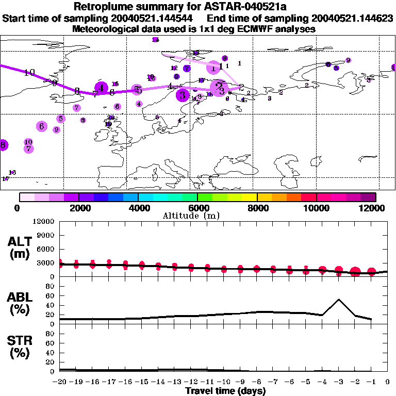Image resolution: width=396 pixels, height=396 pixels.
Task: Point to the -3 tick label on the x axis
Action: [x=338, y=382]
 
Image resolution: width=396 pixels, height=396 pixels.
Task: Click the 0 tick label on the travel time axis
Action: [x=388, y=382]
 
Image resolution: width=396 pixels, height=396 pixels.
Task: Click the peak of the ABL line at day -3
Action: [x=339, y=299]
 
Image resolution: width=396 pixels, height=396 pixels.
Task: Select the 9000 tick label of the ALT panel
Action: [x=46, y=236]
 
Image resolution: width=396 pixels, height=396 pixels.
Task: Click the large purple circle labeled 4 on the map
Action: [x=102, y=88]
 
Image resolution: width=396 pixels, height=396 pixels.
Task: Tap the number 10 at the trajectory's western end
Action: [x=29, y=72]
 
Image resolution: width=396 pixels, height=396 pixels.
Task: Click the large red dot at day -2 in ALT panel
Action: [x=355, y=272]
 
